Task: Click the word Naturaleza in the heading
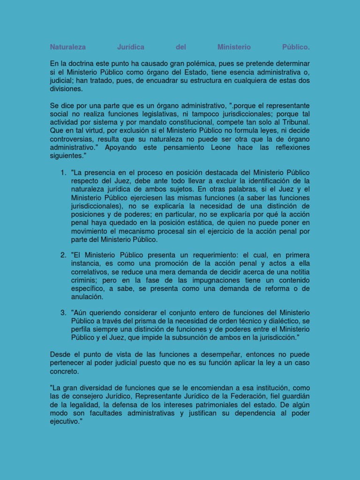68,47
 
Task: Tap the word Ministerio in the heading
234,47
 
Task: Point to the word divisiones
66,89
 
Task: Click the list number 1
63,173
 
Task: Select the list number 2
63,255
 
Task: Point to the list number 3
63,312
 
